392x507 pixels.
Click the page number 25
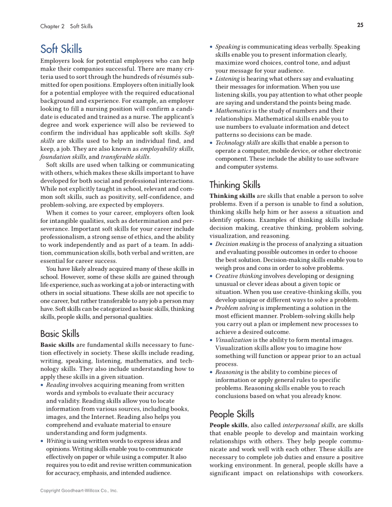(x=360, y=25)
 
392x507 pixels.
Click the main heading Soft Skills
(x=61, y=49)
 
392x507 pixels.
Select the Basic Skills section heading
(x=60, y=334)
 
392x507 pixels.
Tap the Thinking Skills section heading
(x=235, y=185)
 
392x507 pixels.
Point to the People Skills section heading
(x=231, y=414)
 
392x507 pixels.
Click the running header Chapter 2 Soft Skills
(x=66, y=26)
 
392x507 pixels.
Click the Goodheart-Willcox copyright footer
(x=78, y=490)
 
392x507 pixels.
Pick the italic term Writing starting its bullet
(x=56, y=441)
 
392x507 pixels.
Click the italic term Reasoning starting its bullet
(x=230, y=372)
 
